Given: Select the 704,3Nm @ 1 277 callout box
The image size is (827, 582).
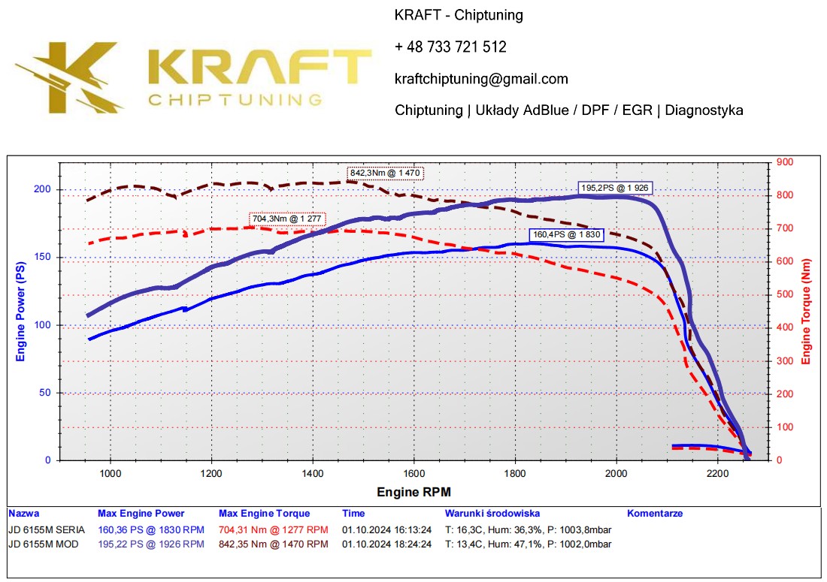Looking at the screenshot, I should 287,219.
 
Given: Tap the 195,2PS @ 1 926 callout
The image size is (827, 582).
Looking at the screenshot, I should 614,188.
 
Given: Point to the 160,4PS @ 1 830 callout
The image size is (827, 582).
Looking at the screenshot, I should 565,234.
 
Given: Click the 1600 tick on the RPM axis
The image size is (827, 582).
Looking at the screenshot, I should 413,473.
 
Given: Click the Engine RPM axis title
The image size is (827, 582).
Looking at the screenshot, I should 414,492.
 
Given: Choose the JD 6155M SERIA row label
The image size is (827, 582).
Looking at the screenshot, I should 47,529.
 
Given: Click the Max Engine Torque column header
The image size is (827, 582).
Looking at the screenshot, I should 264,514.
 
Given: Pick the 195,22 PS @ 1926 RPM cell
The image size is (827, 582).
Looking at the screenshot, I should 150,544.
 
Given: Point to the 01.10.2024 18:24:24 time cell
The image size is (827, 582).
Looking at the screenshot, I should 386,544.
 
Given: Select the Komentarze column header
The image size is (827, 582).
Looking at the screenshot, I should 655,514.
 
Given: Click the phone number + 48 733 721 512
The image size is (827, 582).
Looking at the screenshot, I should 450,47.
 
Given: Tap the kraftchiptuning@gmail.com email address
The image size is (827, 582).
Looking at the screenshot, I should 481,79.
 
